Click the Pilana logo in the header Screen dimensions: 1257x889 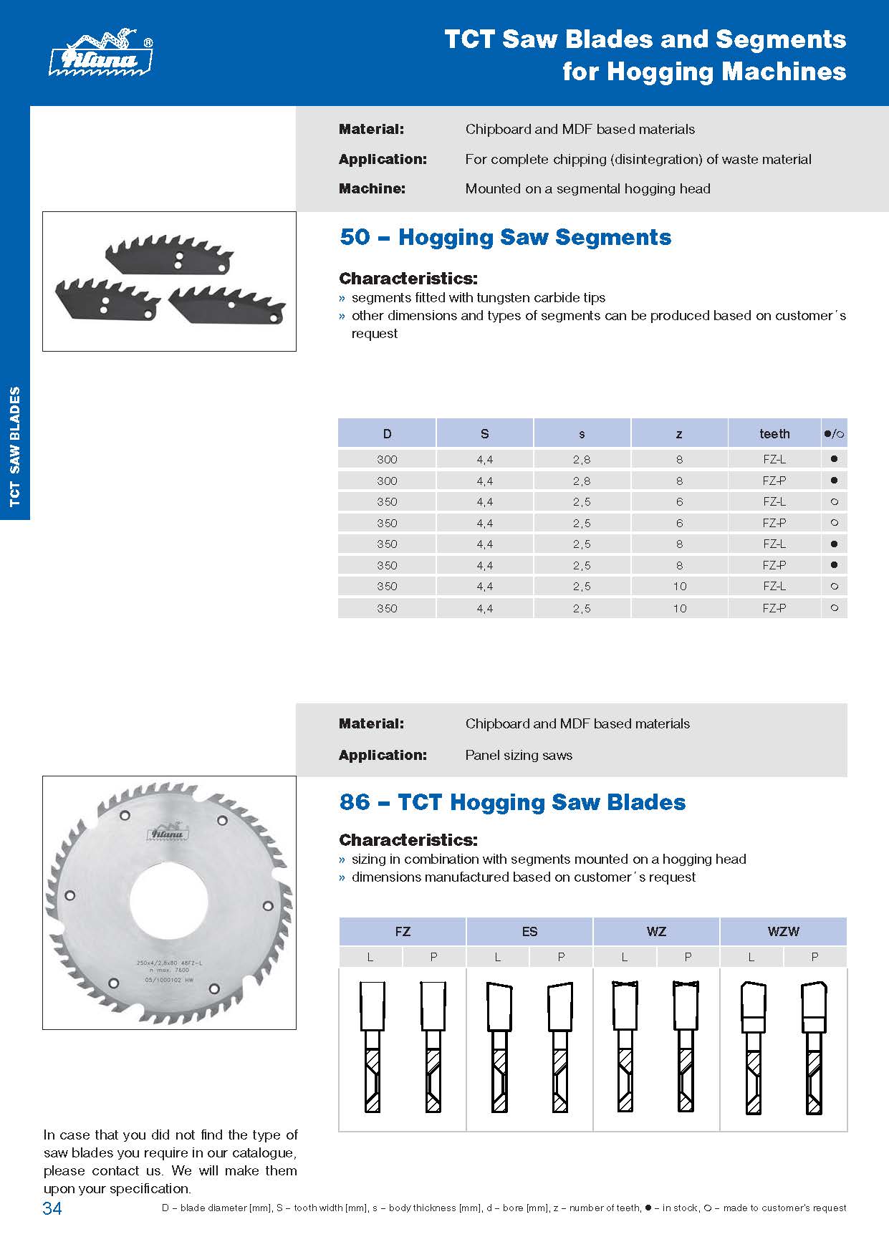click(x=100, y=54)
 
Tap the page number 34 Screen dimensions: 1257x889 click(x=52, y=1208)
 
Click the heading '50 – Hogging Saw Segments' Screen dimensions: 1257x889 click(x=505, y=237)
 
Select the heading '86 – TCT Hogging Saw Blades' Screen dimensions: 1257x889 click(x=512, y=802)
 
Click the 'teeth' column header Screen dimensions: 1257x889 click(x=774, y=433)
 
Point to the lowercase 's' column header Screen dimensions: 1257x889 click(x=582, y=433)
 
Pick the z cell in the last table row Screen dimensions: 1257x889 click(x=679, y=608)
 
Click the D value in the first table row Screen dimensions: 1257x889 click(x=387, y=459)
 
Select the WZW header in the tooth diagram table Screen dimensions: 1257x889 click(x=783, y=931)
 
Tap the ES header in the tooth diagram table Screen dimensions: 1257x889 click(x=529, y=931)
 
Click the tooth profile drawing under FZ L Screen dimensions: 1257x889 click(x=371, y=1046)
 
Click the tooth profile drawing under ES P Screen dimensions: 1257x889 click(x=560, y=1046)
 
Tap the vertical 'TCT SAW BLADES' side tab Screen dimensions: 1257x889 click(x=15, y=448)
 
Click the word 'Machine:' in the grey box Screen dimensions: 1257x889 click(x=372, y=188)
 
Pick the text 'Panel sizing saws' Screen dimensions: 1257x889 click(x=519, y=755)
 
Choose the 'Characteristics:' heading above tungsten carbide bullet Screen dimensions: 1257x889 click(x=408, y=278)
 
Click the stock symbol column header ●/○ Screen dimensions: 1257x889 click(x=834, y=433)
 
